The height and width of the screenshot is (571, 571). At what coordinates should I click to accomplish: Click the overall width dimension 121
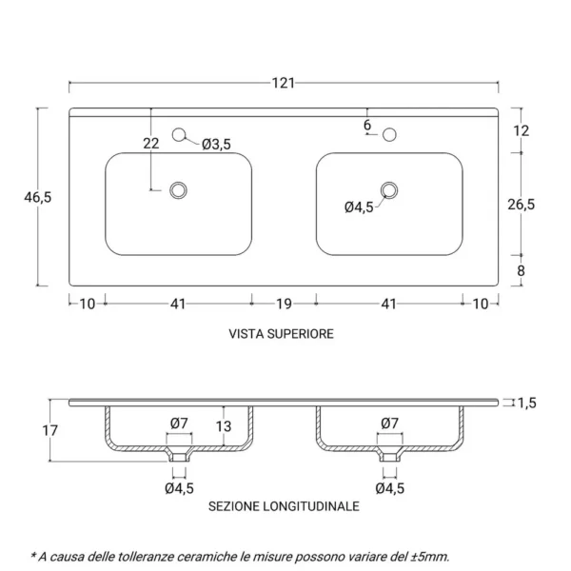[x=283, y=83]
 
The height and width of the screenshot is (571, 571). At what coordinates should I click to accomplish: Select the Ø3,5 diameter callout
[x=217, y=144]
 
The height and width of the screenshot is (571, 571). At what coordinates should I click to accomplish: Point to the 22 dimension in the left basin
[x=150, y=144]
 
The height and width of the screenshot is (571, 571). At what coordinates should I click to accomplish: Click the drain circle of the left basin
[x=177, y=190]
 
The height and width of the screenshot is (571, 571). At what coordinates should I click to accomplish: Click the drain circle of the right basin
[x=388, y=190]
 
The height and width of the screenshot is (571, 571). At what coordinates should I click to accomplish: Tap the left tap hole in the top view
[x=178, y=136]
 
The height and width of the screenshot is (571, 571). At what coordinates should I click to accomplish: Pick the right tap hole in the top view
[x=388, y=136]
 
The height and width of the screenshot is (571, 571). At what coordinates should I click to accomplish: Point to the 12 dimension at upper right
[x=521, y=131]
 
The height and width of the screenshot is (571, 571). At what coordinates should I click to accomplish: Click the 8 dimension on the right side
[x=521, y=270]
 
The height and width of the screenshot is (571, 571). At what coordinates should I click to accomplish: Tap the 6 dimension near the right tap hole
[x=367, y=125]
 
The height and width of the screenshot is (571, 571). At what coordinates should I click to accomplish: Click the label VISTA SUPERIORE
[x=281, y=335]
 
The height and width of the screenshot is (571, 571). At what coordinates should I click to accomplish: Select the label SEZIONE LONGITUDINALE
[x=284, y=507]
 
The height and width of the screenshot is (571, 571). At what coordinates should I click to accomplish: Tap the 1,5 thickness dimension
[x=526, y=403]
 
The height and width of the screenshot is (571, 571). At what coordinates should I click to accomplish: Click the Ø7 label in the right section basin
[x=388, y=423]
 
